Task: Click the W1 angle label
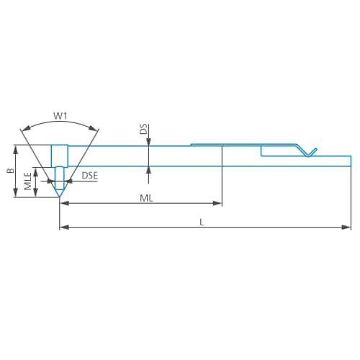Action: pos(60,114)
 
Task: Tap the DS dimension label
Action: pos(143,129)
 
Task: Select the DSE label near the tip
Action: pos(89,176)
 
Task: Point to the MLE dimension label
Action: pos(27,181)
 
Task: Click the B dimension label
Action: pos(9,171)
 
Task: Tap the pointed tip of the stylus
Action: pos(59,199)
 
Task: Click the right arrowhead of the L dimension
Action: pos(348,228)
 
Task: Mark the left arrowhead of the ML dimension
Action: pos(63,204)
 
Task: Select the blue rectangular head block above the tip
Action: pos(59,156)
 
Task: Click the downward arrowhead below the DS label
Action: pos(148,142)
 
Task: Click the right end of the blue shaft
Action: pos(351,161)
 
